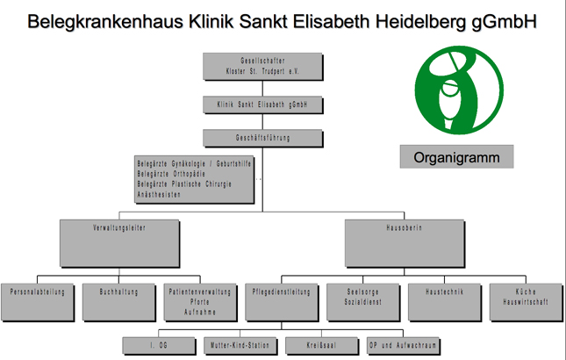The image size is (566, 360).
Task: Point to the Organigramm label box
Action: coord(456,158)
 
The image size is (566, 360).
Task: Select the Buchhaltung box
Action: coord(118,300)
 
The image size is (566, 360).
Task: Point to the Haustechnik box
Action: coord(440,300)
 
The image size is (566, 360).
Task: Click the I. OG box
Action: coord(158,345)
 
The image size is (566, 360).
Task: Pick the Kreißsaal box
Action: coord(319,345)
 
